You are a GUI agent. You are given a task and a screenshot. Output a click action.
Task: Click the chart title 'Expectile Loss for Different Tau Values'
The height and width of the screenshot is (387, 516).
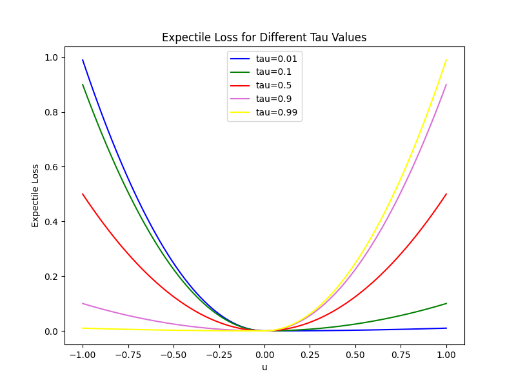(264, 37)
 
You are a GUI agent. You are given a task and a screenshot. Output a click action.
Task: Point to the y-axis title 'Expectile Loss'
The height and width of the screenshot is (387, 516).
(36, 195)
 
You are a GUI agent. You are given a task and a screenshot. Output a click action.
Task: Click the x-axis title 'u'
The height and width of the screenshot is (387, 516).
(264, 367)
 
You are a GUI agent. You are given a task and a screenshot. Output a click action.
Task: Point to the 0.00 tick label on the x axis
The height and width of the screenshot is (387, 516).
(264, 354)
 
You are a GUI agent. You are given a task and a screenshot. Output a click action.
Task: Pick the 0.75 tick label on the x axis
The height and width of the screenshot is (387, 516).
(401, 354)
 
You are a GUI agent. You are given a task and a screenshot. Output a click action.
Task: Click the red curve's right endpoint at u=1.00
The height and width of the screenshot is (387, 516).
(446, 194)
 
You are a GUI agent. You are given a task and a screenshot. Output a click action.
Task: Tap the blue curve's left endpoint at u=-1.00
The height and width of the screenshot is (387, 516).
(83, 60)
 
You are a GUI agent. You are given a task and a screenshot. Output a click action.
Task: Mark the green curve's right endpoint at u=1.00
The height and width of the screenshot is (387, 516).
(446, 304)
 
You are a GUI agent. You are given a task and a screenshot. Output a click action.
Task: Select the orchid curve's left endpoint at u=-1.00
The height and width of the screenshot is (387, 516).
(83, 304)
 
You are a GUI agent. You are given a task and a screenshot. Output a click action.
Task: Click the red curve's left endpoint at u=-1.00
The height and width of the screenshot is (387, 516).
(83, 194)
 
